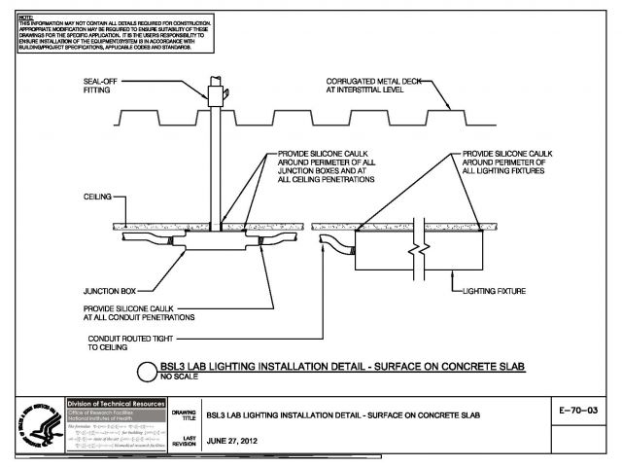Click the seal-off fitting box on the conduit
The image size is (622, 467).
point(217,94)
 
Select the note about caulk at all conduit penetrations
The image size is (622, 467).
point(139,313)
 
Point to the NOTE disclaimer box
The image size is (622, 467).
point(106,34)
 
